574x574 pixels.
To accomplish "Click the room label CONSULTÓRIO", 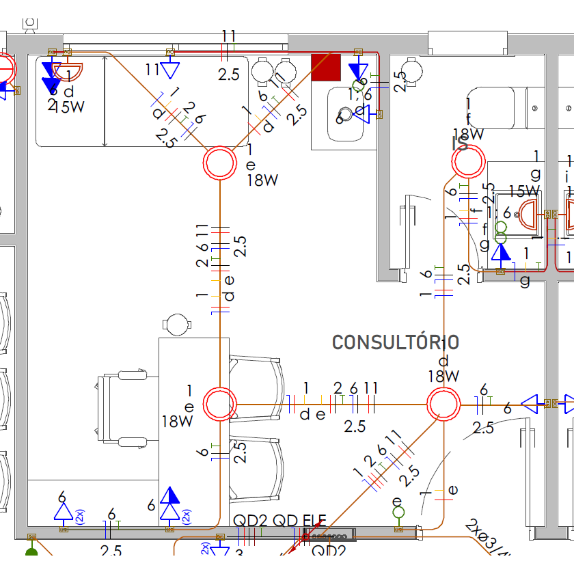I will click(395, 342).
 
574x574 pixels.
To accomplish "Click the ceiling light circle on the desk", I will click(220, 403).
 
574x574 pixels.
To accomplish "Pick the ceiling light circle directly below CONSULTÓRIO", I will click(443, 404).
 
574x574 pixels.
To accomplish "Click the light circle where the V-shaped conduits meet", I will click(220, 163).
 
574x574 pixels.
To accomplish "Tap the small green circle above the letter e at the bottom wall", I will click(398, 512).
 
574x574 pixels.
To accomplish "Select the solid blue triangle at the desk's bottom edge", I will click(170, 495).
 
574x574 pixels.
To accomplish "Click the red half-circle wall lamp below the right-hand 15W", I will click(530, 213).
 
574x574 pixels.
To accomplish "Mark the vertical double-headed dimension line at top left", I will click(104, 101).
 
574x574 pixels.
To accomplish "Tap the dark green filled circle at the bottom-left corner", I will click(31, 553).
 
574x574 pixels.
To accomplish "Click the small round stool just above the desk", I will click(177, 325).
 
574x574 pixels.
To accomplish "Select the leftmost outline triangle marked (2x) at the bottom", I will click(63, 512).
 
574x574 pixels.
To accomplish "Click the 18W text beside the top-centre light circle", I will click(263, 180).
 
